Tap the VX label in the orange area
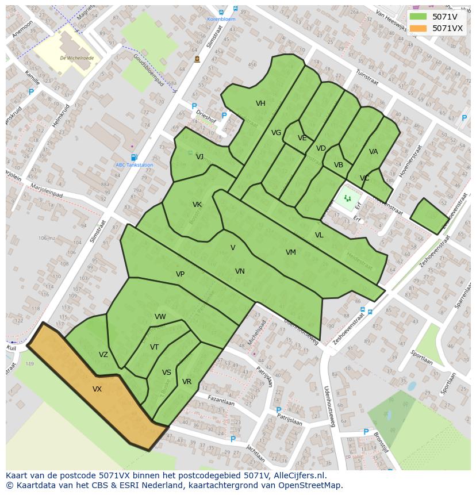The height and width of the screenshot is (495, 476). point(97,389)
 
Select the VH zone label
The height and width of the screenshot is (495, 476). point(260,103)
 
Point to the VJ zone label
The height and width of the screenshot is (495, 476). point(199,157)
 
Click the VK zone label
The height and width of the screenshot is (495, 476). point(197,205)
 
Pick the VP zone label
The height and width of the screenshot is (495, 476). point(180,274)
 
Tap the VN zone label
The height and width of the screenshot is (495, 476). point(240,271)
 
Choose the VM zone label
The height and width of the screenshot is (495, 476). point(291,252)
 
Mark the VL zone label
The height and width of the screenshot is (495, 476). point(319,235)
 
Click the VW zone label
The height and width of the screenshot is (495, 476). point(160,317)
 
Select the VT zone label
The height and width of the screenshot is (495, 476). point(154,347)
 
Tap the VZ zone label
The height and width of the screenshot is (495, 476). point(103,355)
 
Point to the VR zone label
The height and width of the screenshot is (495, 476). point(187,382)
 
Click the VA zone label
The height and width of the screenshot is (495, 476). point(374,152)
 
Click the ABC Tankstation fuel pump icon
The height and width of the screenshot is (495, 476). point(134,158)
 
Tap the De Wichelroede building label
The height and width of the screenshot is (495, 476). point(76,58)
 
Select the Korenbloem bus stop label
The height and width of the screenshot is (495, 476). point(221,19)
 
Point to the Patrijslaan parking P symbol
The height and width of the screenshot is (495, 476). point(279,410)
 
